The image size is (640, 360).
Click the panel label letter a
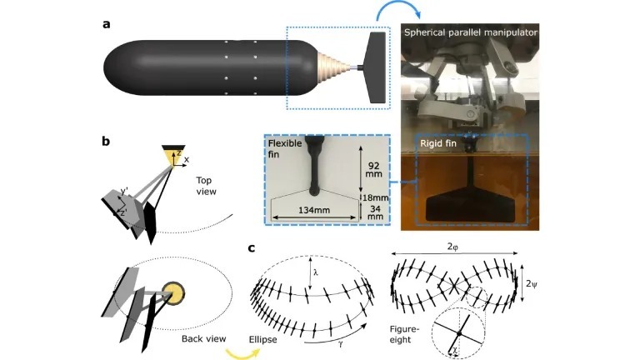pyautogui.click(x=107, y=24)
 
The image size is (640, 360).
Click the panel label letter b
pyautogui.click(x=106, y=141)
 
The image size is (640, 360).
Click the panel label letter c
pyautogui.click(x=252, y=247)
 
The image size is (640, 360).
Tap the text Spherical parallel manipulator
pyautogui.click(x=471, y=32)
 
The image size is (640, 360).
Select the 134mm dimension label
pyautogui.click(x=314, y=210)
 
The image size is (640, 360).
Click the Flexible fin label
pyautogui.click(x=285, y=148)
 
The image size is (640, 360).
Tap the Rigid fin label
pyautogui.click(x=438, y=143)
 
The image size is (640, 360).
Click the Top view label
pyautogui.click(x=206, y=186)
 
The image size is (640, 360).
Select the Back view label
pyautogui.click(x=203, y=338)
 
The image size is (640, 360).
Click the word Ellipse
pyautogui.click(x=262, y=339)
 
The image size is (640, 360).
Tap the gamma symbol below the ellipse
pyautogui.click(x=340, y=343)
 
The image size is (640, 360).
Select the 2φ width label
pyautogui.click(x=453, y=247)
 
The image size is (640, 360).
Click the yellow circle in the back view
pyautogui.click(x=173, y=293)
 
